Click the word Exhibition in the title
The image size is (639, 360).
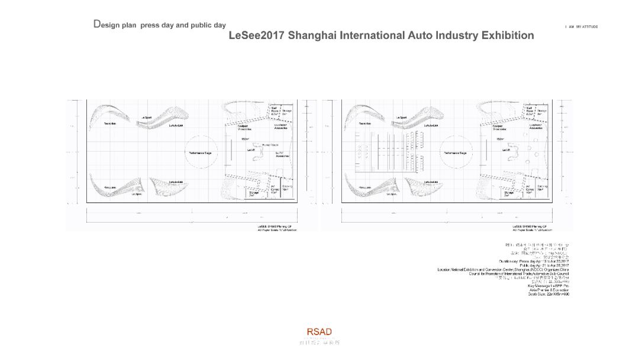pyautogui.click(x=508, y=36)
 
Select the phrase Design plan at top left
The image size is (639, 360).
pyautogui.click(x=115, y=25)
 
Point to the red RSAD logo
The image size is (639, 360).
pyautogui.click(x=319, y=332)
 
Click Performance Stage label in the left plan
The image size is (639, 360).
pyautogui.click(x=200, y=153)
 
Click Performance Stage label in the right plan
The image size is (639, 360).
pyautogui.click(x=455, y=153)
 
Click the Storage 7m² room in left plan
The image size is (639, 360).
pyautogui.click(x=254, y=194)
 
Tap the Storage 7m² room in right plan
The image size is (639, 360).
pyautogui.click(x=509, y=194)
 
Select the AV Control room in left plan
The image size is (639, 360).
pyautogui.click(x=275, y=189)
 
